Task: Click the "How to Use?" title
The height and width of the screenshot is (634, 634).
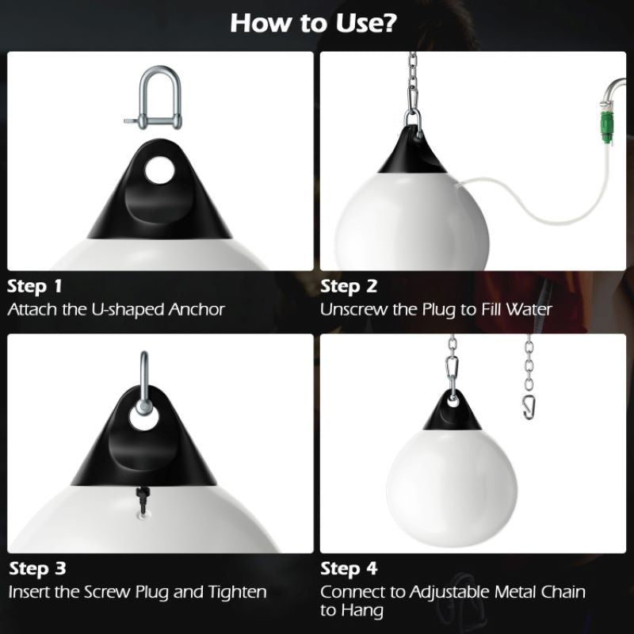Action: pyautogui.click(x=314, y=23)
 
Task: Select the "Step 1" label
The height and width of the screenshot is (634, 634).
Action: pyautogui.click(x=35, y=286)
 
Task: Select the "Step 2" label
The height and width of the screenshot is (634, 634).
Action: pyautogui.click(x=348, y=286)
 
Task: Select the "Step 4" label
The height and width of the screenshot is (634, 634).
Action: pyautogui.click(x=348, y=569)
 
